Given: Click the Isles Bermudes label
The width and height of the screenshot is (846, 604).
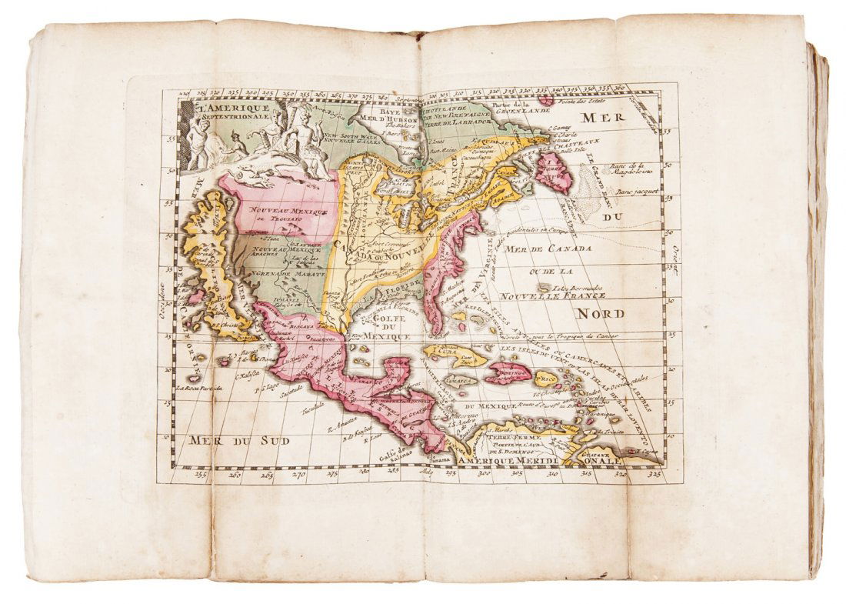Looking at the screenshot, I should pyautogui.click(x=576, y=286).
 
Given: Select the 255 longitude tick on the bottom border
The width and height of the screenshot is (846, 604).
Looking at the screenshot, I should pyautogui.click(x=202, y=476).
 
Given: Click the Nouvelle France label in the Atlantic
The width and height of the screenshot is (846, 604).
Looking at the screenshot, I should pyautogui.click(x=551, y=295).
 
